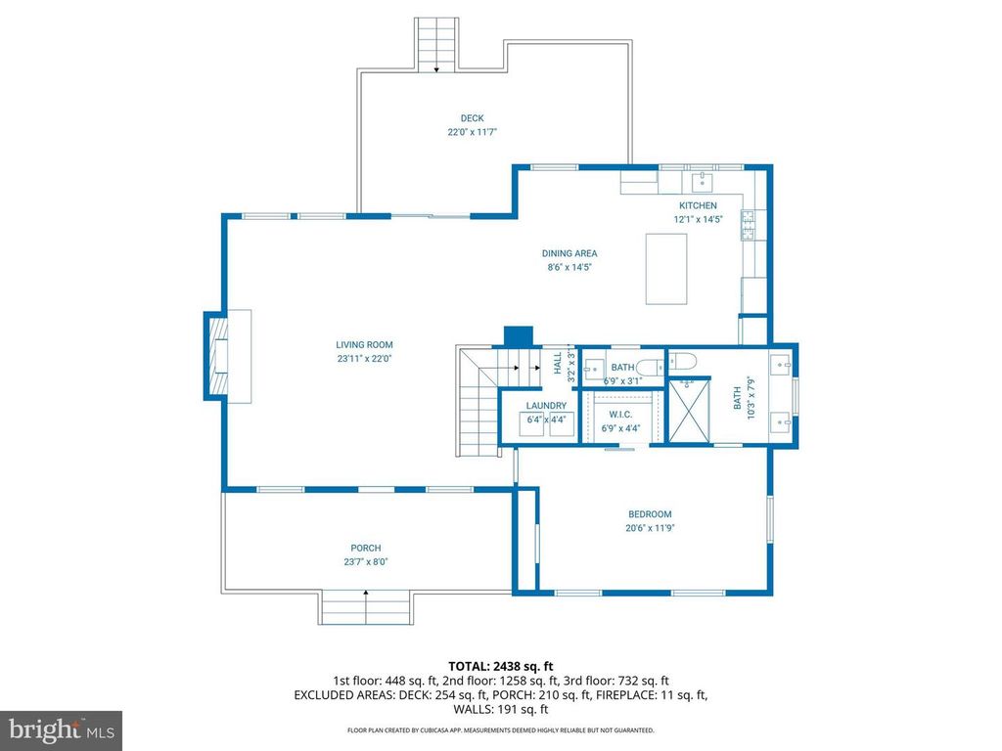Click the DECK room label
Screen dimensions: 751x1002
click(x=473, y=118)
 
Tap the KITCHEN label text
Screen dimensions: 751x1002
click(x=699, y=205)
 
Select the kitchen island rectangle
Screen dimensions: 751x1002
click(x=666, y=269)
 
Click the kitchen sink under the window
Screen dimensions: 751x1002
click(x=702, y=181)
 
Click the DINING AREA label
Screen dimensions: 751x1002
click(x=569, y=253)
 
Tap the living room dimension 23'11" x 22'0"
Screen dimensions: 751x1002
click(x=364, y=358)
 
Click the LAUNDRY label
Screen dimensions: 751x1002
click(x=546, y=406)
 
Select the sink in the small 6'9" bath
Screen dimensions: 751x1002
click(x=593, y=370)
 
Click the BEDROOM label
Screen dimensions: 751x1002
click(x=650, y=514)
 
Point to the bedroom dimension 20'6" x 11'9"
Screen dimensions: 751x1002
click(x=650, y=528)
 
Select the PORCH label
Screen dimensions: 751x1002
click(x=366, y=548)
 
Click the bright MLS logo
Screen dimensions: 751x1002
click(x=61, y=729)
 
